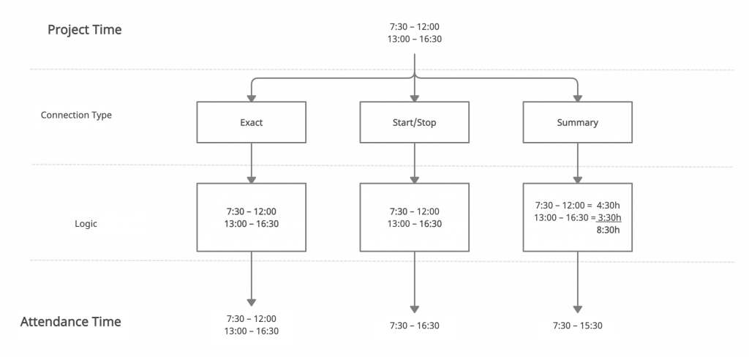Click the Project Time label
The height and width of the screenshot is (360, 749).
point(85,31)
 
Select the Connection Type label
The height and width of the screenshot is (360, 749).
point(76,116)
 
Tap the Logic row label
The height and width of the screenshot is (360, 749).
point(86,225)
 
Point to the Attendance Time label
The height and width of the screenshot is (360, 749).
point(70,322)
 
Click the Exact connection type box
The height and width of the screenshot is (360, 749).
point(251,122)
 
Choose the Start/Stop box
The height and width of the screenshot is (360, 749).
point(415,122)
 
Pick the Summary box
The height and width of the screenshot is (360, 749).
point(577,122)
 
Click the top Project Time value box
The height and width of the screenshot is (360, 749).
point(415,34)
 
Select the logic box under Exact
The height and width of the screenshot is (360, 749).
point(251,217)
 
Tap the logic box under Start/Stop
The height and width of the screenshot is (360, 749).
point(415,217)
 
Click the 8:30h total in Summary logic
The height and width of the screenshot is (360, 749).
point(609,229)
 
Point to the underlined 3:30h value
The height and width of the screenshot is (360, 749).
point(609,217)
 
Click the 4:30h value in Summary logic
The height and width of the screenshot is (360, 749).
point(609,205)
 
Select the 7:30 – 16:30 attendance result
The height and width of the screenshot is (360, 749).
point(415,325)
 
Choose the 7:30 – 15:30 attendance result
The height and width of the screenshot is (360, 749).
point(578,325)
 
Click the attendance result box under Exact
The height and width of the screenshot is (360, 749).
point(251,325)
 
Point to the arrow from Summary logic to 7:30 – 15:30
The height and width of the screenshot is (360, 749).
point(578,282)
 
